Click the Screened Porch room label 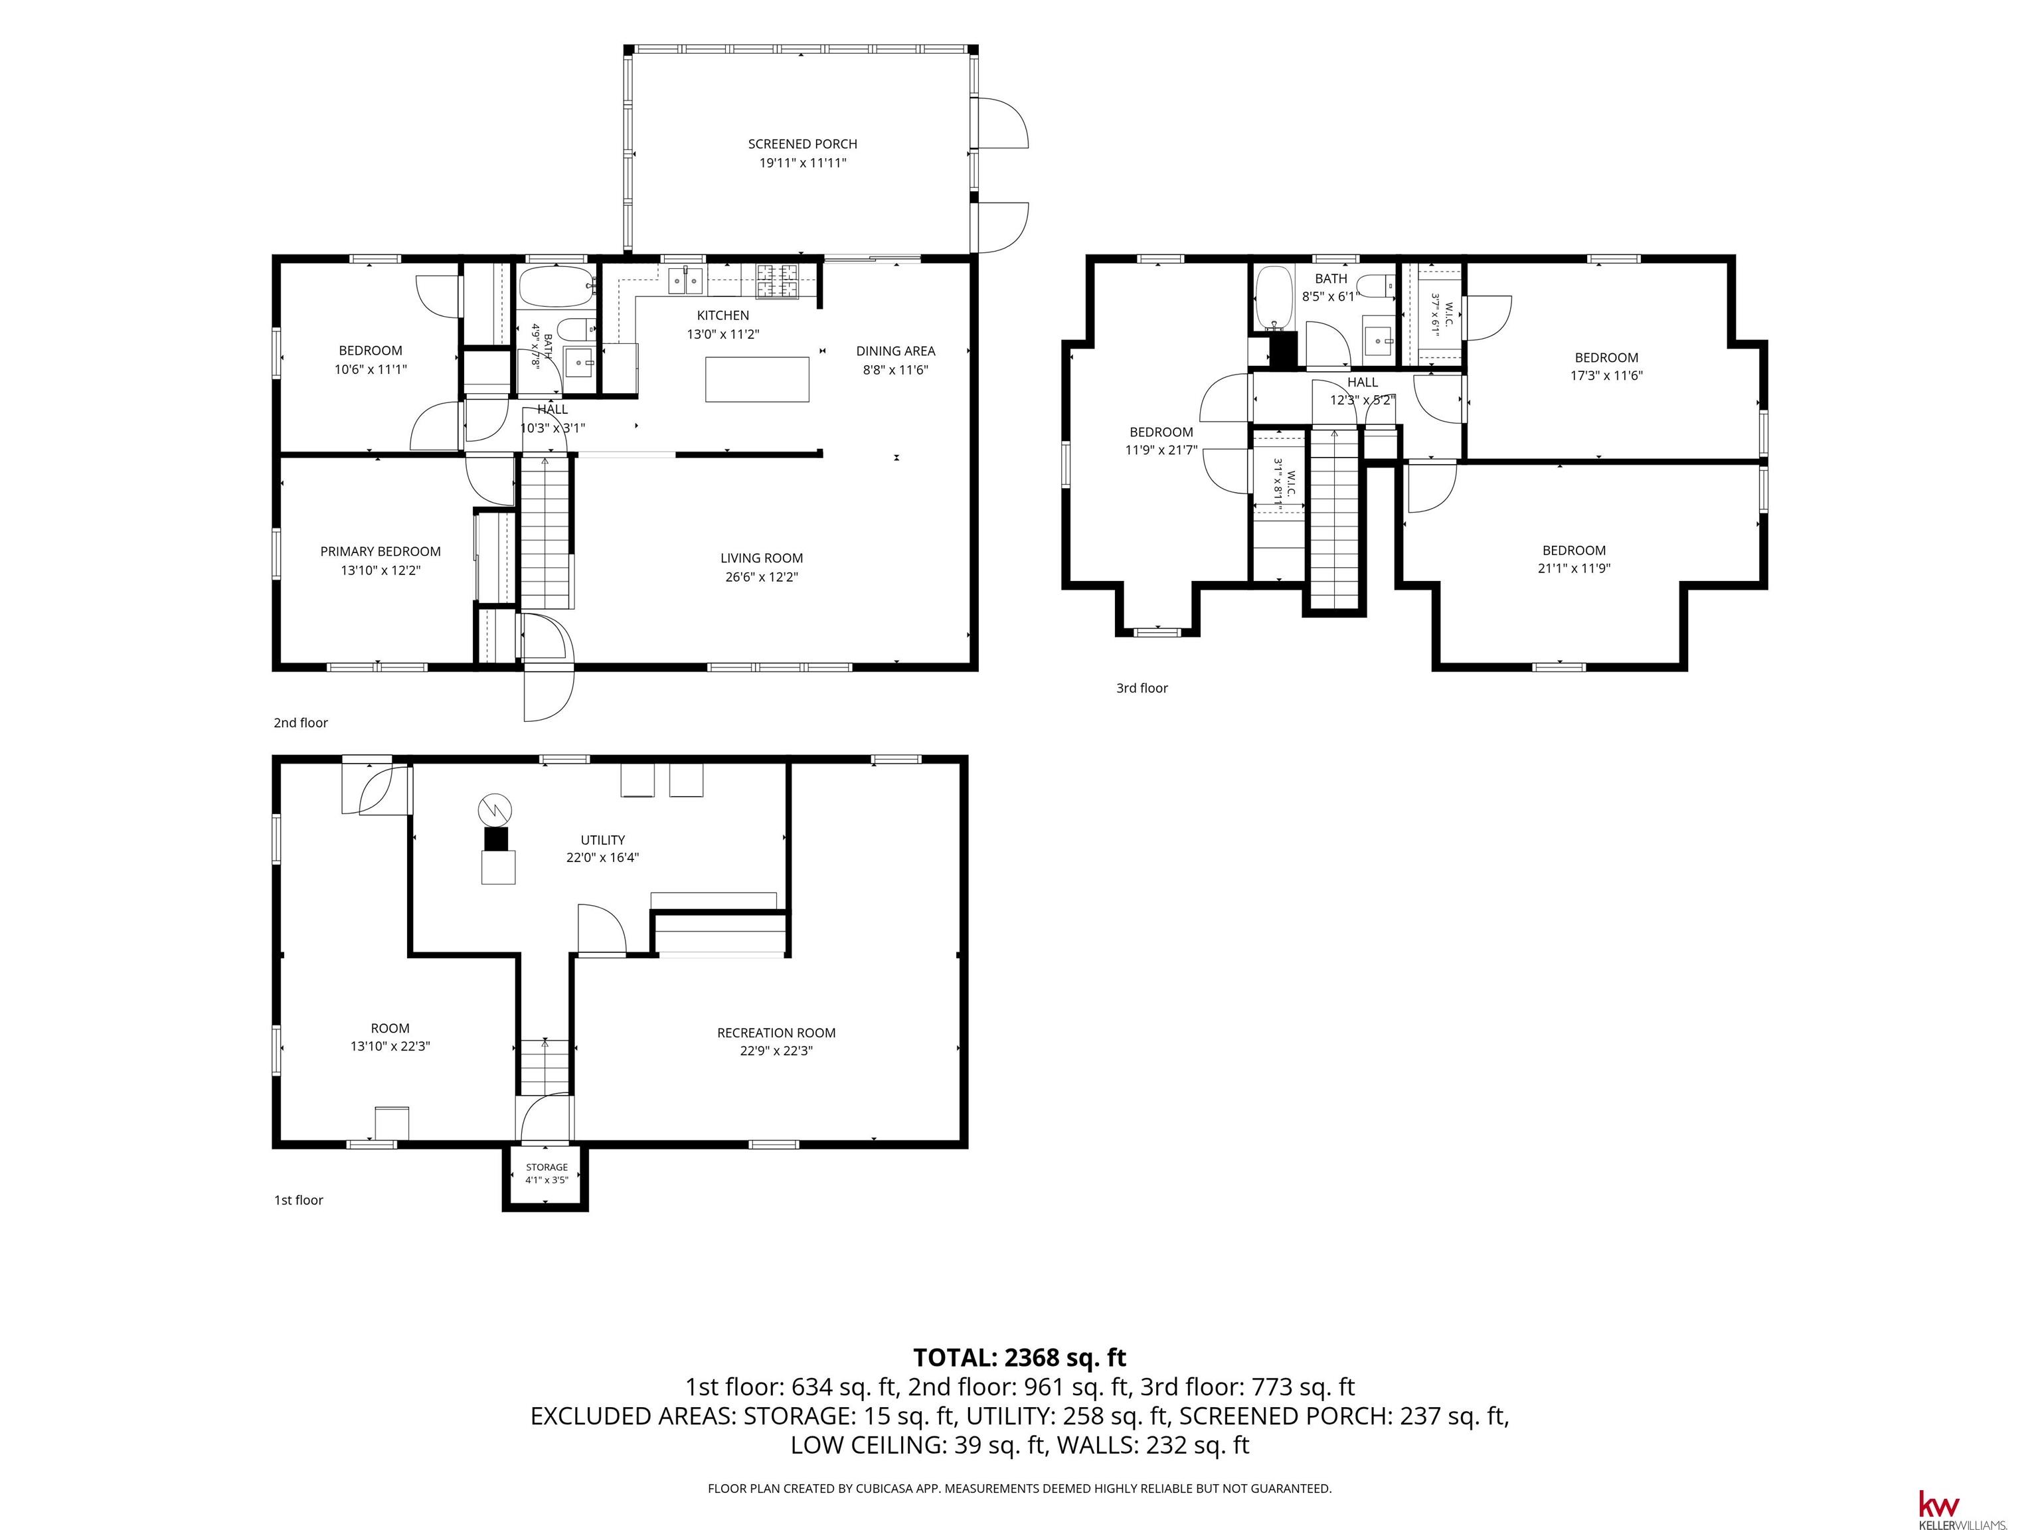click(802, 144)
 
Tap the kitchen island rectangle click(757, 379)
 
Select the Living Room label click(761, 558)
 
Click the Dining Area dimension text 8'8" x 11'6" click(896, 370)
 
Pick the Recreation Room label click(776, 1033)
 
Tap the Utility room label click(602, 840)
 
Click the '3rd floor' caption click(1142, 688)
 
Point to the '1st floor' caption click(298, 1200)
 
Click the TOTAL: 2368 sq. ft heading click(1019, 1357)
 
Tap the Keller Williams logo click(1962, 1505)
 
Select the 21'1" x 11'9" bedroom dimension click(1573, 568)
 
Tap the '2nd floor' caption click(301, 723)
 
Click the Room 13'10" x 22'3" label click(390, 1037)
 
